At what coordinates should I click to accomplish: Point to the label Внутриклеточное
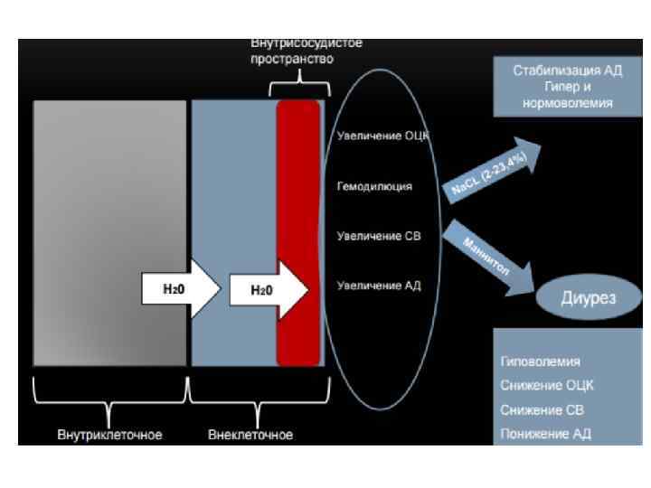pyautogui.click(x=109, y=435)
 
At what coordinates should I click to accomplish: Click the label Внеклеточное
pyautogui.click(x=250, y=435)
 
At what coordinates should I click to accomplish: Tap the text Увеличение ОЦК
pyautogui.click(x=381, y=136)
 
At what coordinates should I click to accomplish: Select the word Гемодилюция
pyautogui.click(x=374, y=187)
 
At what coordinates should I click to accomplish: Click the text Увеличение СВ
pyautogui.click(x=380, y=237)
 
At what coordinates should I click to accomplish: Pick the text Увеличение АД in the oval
pyautogui.click(x=379, y=286)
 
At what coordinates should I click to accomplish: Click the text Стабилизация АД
pyautogui.click(x=568, y=70)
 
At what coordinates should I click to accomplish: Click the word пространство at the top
pyautogui.click(x=292, y=59)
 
